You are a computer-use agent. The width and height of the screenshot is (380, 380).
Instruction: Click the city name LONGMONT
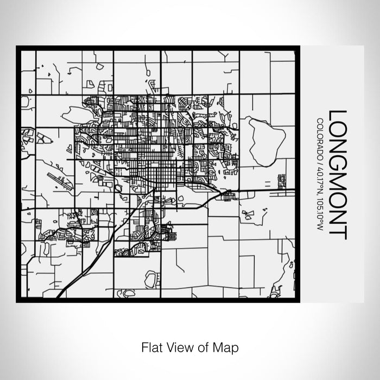337,174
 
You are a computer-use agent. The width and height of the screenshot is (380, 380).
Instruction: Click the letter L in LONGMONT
337,115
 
